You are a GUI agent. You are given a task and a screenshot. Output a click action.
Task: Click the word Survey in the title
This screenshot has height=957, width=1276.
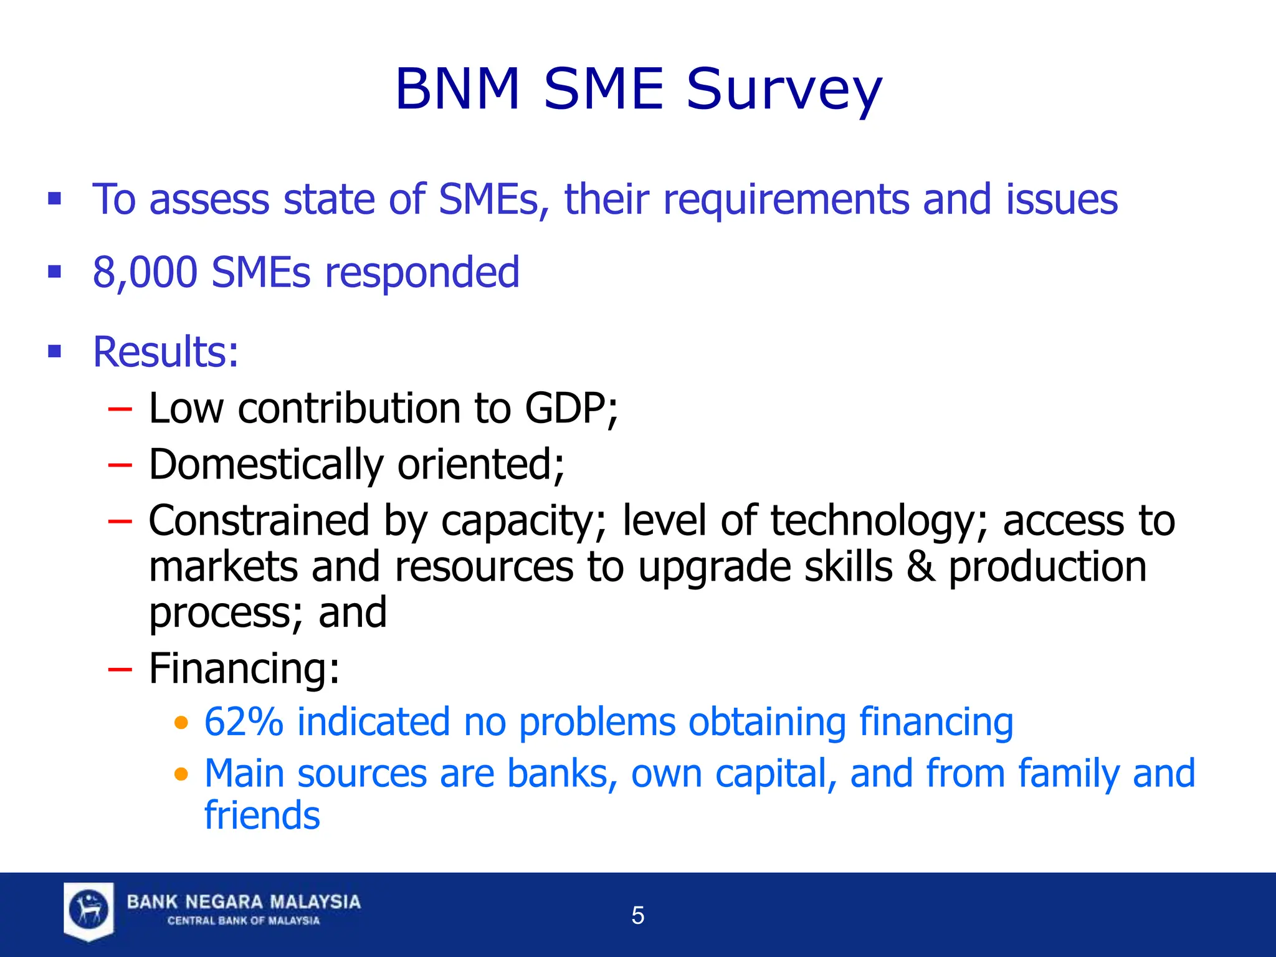784,90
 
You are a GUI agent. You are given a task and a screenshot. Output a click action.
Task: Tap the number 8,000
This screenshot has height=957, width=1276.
145,272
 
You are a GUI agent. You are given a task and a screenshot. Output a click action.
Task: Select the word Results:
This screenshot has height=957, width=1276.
166,352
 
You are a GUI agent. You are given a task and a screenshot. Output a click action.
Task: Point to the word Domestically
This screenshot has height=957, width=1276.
266,465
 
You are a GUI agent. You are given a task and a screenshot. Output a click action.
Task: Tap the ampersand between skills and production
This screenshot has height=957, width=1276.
920,567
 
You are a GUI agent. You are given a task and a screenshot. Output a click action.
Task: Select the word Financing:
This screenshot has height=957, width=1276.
244,669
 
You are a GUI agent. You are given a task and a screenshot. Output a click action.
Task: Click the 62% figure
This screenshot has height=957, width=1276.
244,722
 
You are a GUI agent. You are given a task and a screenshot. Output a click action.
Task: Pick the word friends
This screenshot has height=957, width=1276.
262,816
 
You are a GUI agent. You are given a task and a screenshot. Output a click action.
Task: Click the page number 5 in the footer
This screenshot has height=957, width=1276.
637,915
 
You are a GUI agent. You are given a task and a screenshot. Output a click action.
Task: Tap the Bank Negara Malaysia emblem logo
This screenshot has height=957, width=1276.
88,910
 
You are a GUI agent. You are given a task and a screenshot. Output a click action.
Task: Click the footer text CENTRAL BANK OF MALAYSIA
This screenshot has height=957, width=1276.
244,921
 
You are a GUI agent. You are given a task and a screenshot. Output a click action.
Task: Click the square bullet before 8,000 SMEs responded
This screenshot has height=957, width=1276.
55,272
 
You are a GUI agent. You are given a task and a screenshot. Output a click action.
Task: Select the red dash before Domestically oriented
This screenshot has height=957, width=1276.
120,465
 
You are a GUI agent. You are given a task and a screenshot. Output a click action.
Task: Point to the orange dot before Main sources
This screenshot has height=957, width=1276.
181,774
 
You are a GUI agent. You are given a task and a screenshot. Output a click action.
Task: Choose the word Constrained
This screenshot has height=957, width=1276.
259,521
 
